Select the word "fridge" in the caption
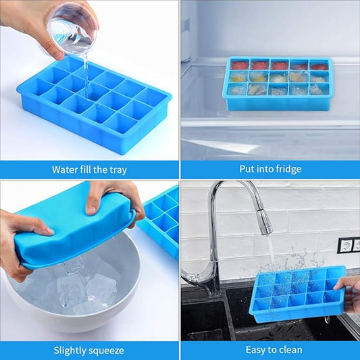point(288,170)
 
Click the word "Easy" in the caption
point(255,351)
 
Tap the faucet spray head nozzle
point(265,222)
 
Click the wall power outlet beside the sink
point(349,245)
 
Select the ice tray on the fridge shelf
point(278,83)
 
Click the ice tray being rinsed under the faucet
point(298,294)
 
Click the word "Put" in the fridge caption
point(247,169)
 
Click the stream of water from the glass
point(86,74)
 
